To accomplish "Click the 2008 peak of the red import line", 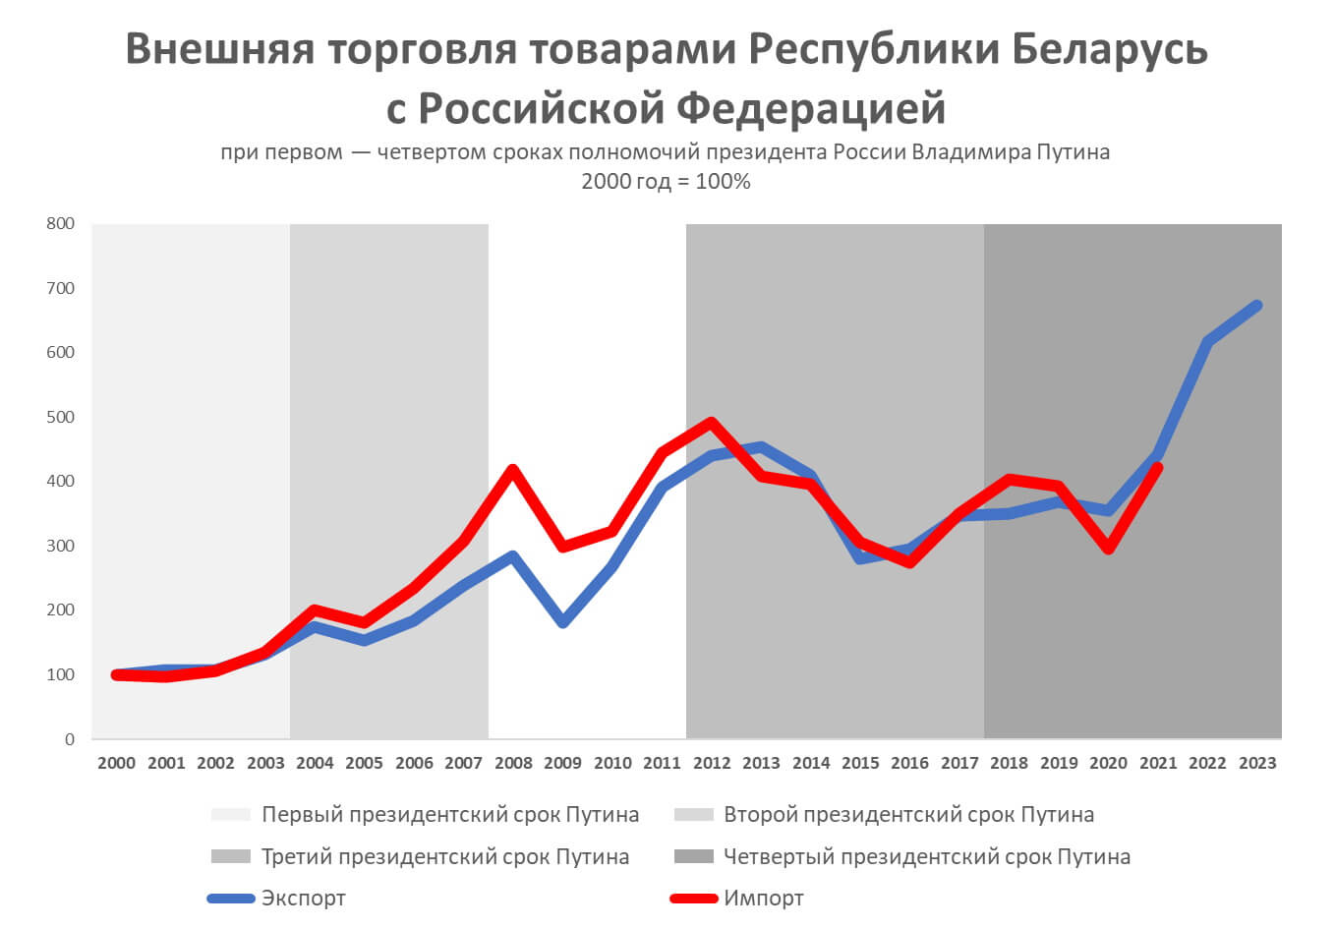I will tap(512, 470).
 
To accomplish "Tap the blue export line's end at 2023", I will tap(1256, 306).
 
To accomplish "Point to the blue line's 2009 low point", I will tap(562, 622).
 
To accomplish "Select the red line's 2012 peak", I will tap(711, 423).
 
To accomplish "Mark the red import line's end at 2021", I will tap(1157, 469).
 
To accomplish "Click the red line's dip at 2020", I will tap(1108, 549).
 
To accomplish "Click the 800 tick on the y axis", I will tap(61, 223).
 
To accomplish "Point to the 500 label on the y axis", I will tap(61, 417).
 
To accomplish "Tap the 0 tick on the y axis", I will tap(69, 739).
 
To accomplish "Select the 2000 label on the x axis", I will tap(117, 763).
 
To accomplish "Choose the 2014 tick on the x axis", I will tap(811, 763).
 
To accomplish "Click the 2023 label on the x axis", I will tap(1257, 763).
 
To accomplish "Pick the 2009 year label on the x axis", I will tap(563, 763).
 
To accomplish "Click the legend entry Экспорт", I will tap(303, 899).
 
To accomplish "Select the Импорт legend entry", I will tap(764, 899).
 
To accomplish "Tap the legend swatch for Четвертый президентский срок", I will tap(693, 857).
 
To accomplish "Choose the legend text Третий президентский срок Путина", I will tap(444, 857).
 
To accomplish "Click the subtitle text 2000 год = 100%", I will tap(666, 182).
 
